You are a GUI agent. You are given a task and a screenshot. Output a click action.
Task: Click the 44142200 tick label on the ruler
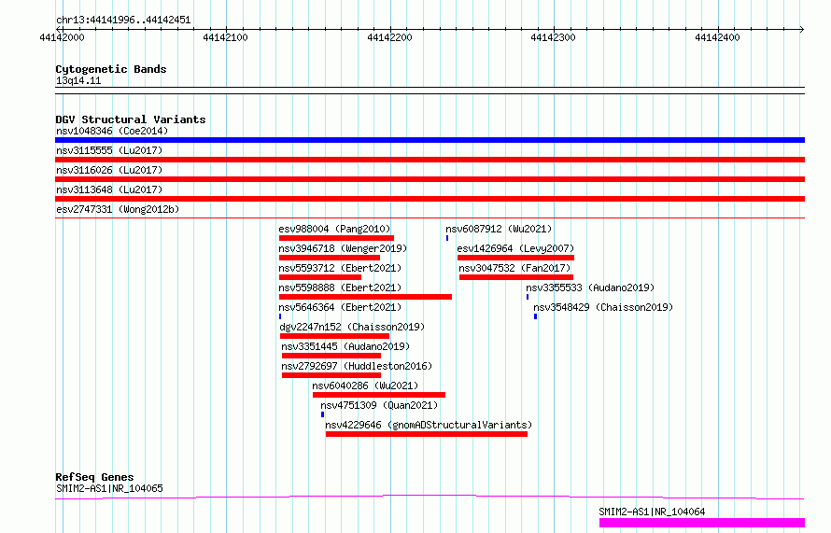389,37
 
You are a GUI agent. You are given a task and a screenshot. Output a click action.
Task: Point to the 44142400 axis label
717,37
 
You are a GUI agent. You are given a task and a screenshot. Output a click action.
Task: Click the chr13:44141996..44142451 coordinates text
123,21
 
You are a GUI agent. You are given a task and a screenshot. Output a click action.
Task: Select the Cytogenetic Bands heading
111,69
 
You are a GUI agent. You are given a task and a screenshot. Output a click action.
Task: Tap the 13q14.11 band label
78,80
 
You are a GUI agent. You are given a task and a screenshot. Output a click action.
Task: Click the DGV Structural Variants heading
131,119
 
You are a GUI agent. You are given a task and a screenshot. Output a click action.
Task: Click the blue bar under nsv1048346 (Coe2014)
430,140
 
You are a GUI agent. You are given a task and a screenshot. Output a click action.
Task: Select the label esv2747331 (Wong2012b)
118,209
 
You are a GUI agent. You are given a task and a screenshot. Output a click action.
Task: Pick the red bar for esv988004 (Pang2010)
336,238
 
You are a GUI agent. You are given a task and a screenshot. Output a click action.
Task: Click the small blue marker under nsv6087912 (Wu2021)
447,238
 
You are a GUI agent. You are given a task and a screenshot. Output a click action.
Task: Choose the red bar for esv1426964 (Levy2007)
515,258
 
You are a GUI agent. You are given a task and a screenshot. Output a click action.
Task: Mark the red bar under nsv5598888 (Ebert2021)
366,297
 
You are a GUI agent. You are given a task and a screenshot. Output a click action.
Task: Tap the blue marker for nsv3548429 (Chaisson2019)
535,316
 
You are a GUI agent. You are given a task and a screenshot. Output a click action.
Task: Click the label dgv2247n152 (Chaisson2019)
352,327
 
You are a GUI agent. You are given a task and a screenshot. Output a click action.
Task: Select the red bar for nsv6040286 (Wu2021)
379,395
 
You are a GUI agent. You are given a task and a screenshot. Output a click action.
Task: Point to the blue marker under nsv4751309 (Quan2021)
322,414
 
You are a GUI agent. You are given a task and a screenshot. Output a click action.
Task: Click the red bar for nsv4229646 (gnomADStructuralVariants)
427,434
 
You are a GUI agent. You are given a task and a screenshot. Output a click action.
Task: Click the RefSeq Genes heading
94,477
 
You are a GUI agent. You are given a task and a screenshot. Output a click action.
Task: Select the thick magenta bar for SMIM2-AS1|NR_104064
702,523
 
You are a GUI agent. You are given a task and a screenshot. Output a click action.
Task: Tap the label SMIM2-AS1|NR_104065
109,488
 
